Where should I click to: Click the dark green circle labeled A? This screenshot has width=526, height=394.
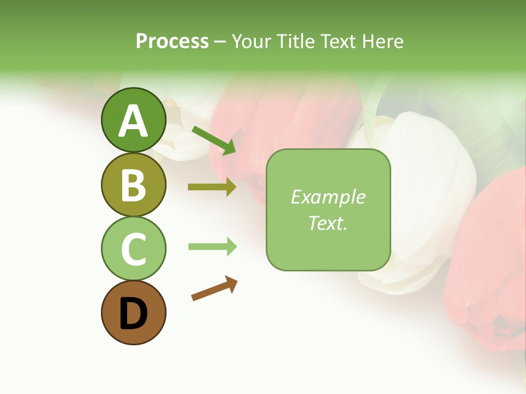[x=133, y=120]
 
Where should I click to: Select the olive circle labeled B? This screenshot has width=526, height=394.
[x=133, y=184]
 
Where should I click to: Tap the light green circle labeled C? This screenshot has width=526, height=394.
[x=133, y=248]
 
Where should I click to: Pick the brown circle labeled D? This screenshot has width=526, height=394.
[x=133, y=312]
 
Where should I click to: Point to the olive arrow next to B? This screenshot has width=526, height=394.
[x=212, y=187]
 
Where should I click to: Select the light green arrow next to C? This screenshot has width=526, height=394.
[x=212, y=247]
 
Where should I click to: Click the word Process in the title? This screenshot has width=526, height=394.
[x=172, y=41]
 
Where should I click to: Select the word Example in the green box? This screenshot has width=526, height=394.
[x=328, y=197]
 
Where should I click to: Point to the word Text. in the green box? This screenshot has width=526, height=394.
[x=328, y=223]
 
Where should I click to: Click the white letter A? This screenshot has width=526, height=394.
[x=133, y=121]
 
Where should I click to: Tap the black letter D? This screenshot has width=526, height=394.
[x=133, y=314]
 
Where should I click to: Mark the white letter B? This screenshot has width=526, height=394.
[x=133, y=185]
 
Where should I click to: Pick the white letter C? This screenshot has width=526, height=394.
[x=133, y=249]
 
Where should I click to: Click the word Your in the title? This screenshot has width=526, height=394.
[x=251, y=41]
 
